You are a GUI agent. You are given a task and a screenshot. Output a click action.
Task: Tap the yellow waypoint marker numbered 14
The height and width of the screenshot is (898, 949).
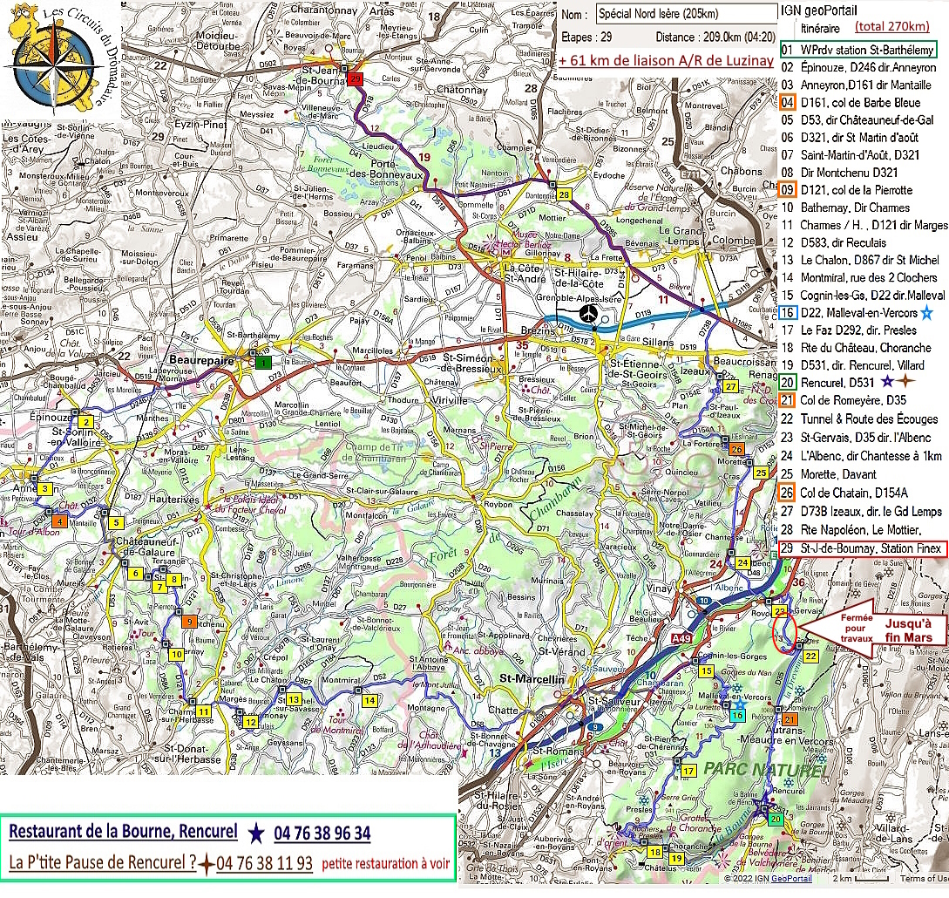[x=369, y=700]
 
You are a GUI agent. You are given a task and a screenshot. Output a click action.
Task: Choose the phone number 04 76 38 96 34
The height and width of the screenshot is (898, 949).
[x=322, y=833]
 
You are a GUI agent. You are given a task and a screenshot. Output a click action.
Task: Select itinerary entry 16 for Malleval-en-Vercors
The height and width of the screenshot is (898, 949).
[x=858, y=312]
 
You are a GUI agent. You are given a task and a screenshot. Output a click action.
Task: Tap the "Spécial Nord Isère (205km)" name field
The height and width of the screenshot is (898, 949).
[x=687, y=13]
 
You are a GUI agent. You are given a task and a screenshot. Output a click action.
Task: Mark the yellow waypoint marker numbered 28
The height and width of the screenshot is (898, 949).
[x=565, y=194]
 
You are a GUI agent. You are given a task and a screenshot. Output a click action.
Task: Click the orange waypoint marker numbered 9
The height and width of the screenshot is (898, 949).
[x=189, y=622]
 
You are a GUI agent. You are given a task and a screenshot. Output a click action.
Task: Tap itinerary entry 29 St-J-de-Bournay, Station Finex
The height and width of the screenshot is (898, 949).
[x=858, y=548]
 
